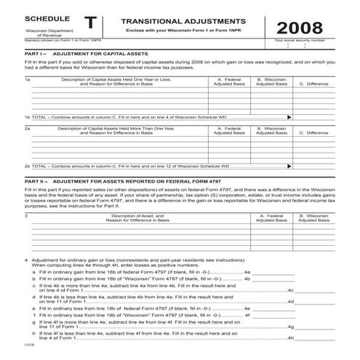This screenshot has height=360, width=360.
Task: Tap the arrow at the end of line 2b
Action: (290, 166)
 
